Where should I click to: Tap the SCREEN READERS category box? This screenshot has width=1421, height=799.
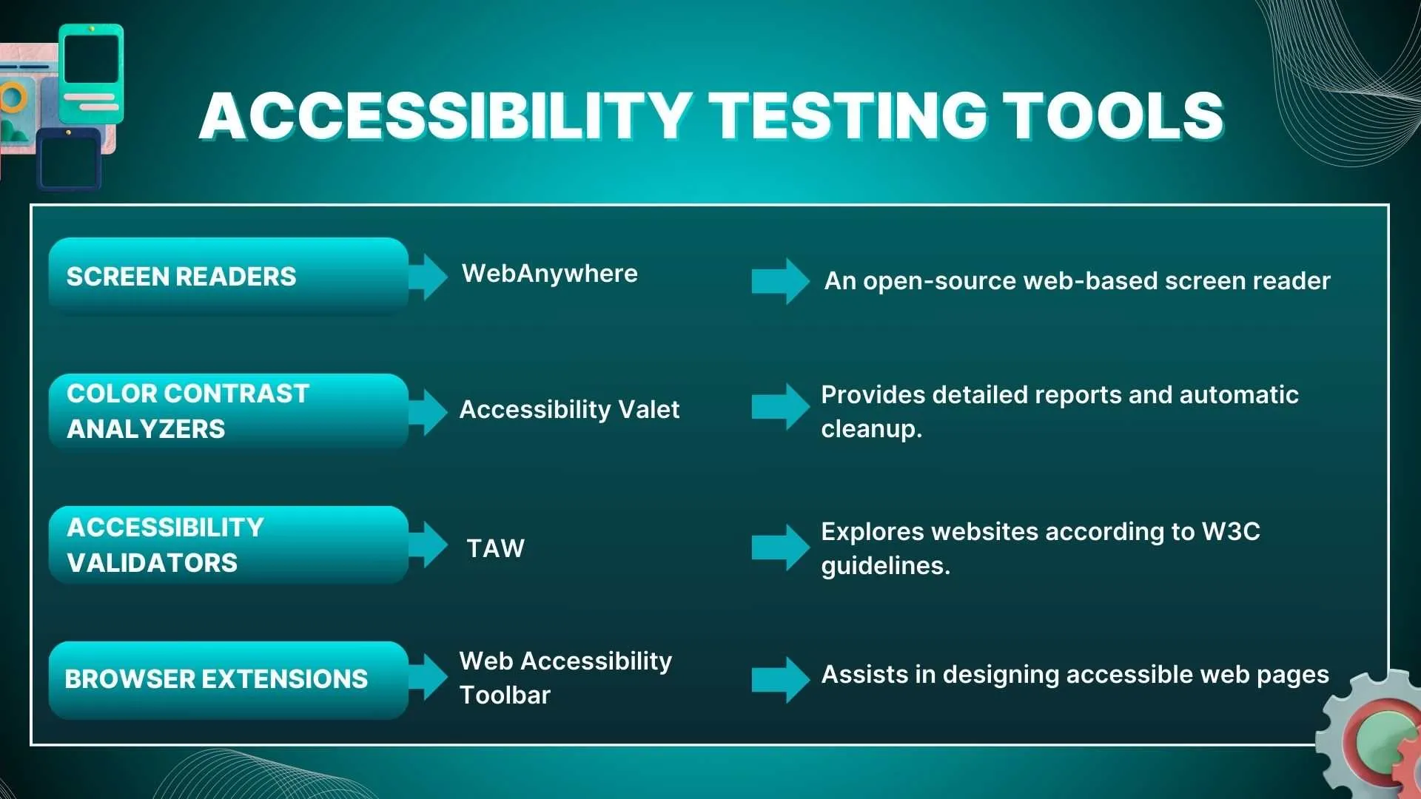pyautogui.click(x=229, y=276)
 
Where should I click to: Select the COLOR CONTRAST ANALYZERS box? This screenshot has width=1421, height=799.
pyautogui.click(x=229, y=411)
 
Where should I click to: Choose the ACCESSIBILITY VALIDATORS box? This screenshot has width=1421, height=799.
pyautogui.click(x=229, y=545)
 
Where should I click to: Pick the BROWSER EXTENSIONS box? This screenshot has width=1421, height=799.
pyautogui.click(x=229, y=680)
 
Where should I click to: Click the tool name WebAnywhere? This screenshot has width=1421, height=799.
pyautogui.click(x=550, y=274)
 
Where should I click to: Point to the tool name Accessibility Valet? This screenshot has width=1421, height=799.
pyautogui.click(x=569, y=409)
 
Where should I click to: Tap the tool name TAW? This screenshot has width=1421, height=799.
pyautogui.click(x=496, y=548)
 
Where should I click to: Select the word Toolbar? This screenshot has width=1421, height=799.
pyautogui.click(x=505, y=695)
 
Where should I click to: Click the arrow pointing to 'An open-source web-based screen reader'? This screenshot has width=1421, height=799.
pyautogui.click(x=781, y=281)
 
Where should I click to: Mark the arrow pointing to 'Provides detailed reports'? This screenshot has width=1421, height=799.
pyautogui.click(x=781, y=407)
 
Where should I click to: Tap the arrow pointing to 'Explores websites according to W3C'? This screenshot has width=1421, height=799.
pyautogui.click(x=781, y=547)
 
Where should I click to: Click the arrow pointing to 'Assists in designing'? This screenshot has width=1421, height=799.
pyautogui.click(x=781, y=679)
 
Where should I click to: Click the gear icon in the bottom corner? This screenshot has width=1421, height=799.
pyautogui.click(x=1371, y=732)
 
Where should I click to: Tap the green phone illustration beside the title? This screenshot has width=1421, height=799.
pyautogui.click(x=91, y=73)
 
